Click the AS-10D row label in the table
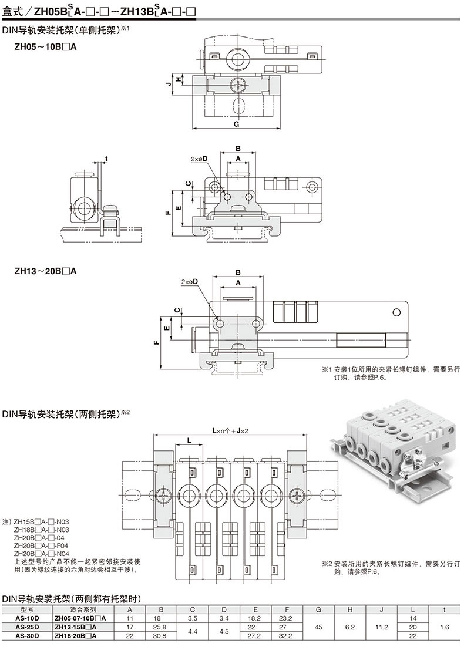pos(28,618)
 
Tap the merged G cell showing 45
pos(318,627)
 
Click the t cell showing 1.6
pos(445,627)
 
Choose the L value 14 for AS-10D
pos(413,618)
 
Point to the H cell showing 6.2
pos(350,627)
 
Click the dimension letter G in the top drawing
pos(236,124)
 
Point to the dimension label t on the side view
pos(106,159)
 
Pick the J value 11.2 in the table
pos(382,627)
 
